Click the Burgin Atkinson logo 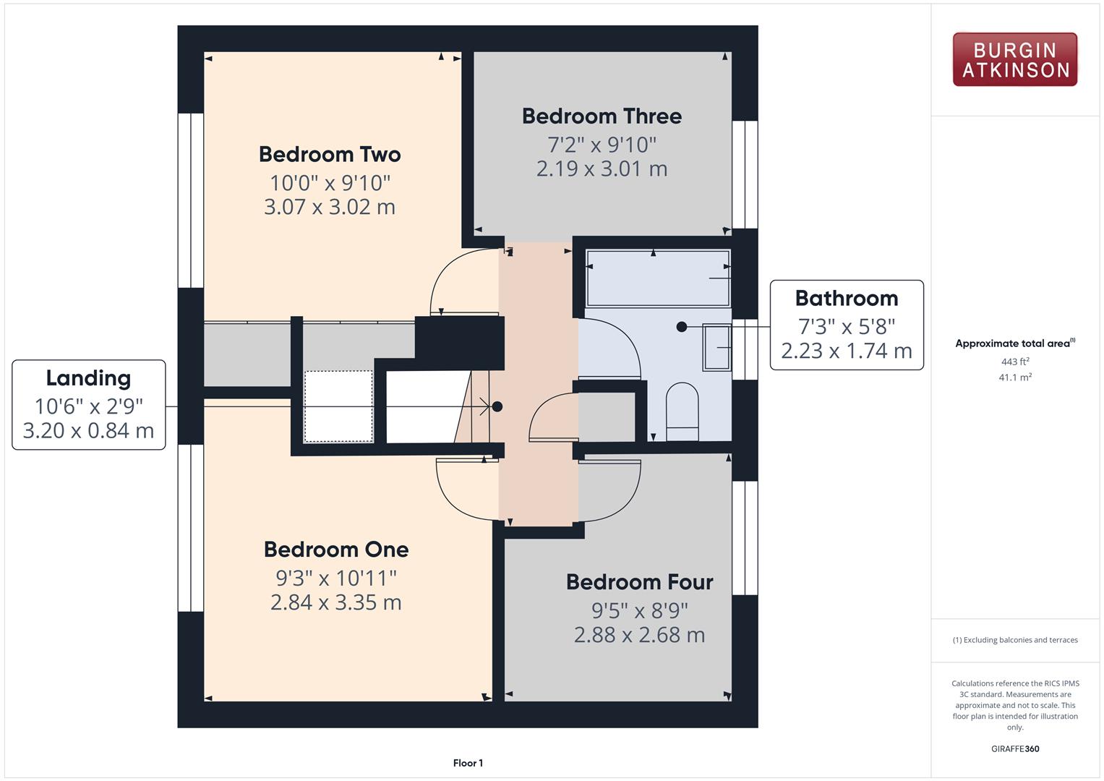1015,59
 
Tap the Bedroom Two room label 330,154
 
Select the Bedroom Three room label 602,116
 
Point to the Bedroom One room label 336,550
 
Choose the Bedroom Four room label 639,582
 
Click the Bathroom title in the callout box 846,298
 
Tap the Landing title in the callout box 89,379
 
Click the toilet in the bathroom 682,411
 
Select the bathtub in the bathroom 658,278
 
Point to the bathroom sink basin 716,346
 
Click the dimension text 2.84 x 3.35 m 336,602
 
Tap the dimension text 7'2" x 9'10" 602,145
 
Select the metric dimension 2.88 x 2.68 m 639,635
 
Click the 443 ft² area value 1015,362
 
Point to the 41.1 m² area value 1015,377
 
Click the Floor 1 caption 468,763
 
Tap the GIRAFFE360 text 1015,748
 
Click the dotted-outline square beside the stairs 338,406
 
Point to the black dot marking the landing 497,406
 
